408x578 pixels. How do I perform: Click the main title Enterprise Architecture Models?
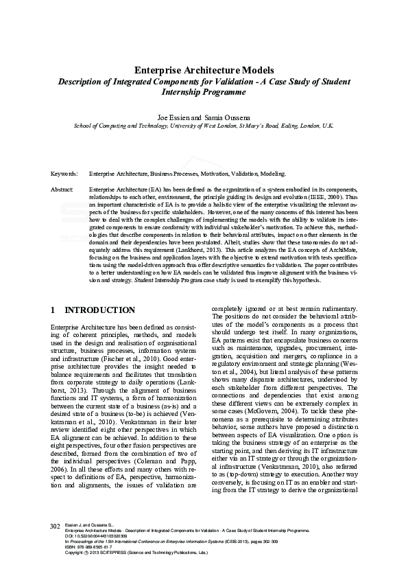204,70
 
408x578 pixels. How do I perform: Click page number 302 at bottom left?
56,545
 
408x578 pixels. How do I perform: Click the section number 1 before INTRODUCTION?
53,310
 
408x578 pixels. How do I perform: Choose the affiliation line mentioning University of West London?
204,126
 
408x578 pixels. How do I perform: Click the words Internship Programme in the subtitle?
204,91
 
